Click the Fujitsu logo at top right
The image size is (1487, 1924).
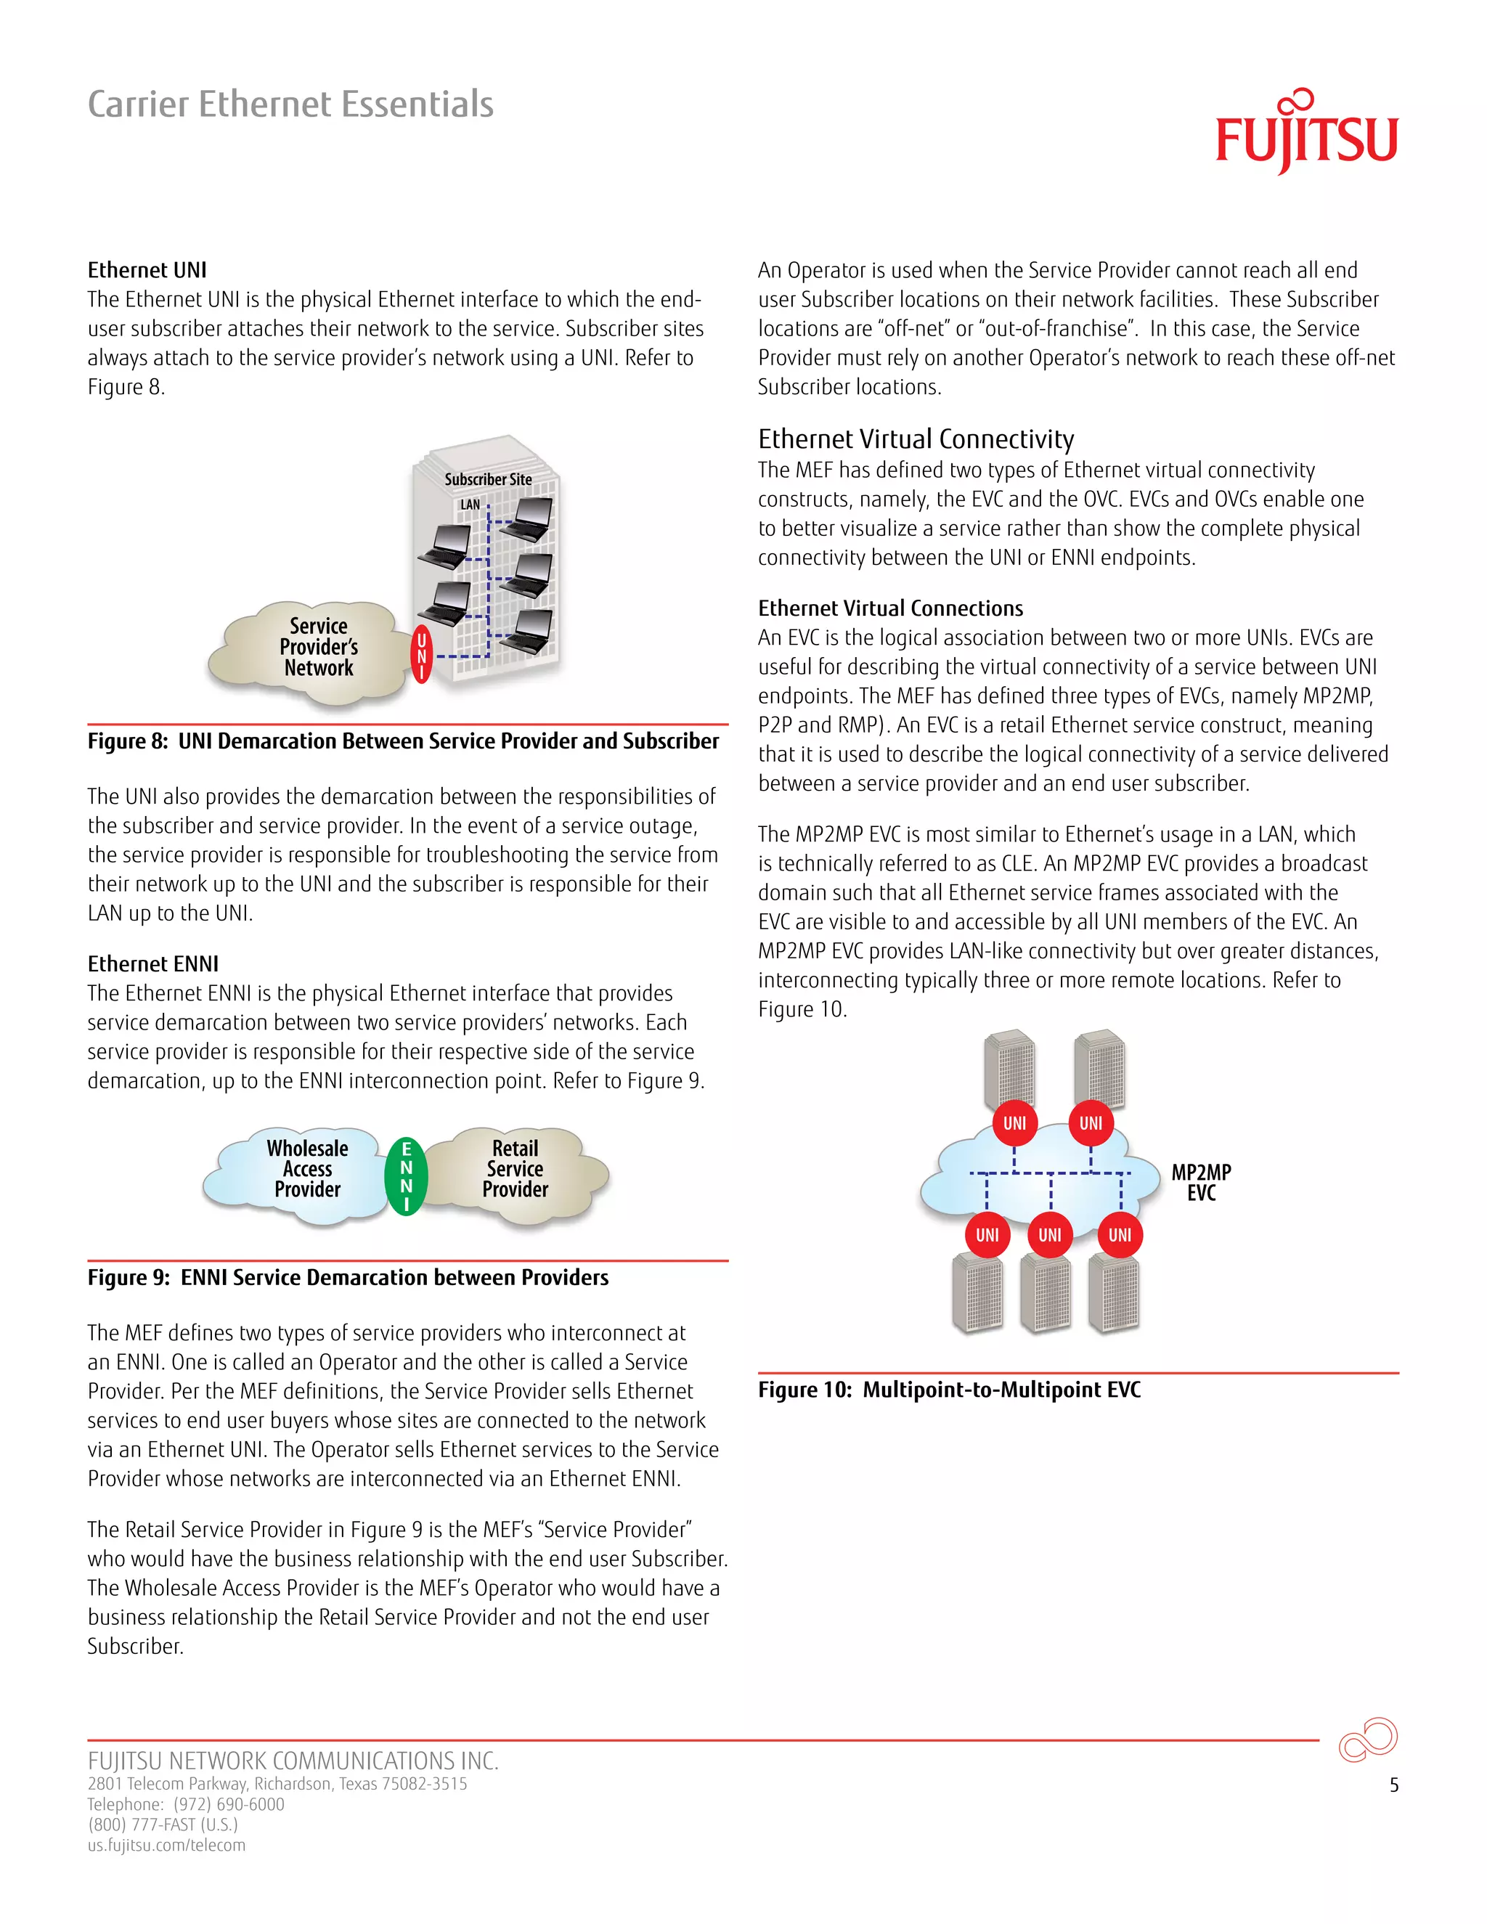(1305, 136)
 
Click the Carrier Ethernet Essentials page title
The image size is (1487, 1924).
(290, 104)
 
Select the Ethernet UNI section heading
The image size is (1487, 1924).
(147, 269)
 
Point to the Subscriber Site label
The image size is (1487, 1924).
(488, 479)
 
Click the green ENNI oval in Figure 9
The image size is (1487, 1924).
(406, 1176)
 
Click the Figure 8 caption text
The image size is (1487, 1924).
(402, 741)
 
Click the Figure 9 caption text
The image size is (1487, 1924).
(347, 1277)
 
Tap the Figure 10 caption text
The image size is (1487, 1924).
(949, 1389)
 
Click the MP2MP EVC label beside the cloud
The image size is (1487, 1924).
(1201, 1182)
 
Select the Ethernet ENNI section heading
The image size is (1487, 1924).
(152, 963)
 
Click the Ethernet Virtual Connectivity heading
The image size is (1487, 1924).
(916, 439)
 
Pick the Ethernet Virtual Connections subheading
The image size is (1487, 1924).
(889, 608)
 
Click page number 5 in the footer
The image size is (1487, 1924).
(1393, 1785)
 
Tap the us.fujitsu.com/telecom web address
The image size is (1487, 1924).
(166, 1845)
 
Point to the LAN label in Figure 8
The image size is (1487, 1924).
(470, 505)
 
